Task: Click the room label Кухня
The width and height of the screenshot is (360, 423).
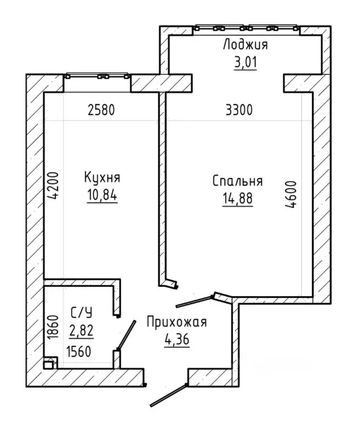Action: pyautogui.click(x=102, y=178)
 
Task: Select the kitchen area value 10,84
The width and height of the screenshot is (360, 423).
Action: pyautogui.click(x=102, y=195)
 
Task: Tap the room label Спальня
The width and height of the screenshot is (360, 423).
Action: pyautogui.click(x=237, y=181)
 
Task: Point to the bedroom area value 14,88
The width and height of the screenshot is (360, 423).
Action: pyautogui.click(x=237, y=199)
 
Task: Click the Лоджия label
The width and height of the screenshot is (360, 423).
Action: pyautogui.click(x=245, y=45)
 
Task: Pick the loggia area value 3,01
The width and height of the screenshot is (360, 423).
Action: pyautogui.click(x=245, y=62)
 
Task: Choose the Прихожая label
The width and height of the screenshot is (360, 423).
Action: pyautogui.click(x=177, y=323)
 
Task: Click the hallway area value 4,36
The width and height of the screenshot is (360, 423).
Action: pyautogui.click(x=177, y=339)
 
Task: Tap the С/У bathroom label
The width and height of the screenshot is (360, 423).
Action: pyautogui.click(x=81, y=312)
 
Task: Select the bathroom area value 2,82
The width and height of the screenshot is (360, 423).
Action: pyautogui.click(x=81, y=330)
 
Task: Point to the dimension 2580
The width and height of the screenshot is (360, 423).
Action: pyautogui.click(x=101, y=110)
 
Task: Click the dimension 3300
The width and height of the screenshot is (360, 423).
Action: pyautogui.click(x=239, y=110)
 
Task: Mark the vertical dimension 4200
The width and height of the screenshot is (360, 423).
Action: pyautogui.click(x=53, y=186)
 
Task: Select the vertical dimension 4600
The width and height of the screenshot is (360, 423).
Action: pyautogui.click(x=291, y=194)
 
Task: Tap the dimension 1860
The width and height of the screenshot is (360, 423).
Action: pyautogui.click(x=53, y=326)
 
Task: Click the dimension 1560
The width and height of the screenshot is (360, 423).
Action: pyautogui.click(x=78, y=352)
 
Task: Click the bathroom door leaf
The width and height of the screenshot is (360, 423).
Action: pyautogui.click(x=126, y=335)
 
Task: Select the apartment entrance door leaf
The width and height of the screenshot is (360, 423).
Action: pyautogui.click(x=168, y=395)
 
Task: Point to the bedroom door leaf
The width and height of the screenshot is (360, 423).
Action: pyautogui.click(x=195, y=302)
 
